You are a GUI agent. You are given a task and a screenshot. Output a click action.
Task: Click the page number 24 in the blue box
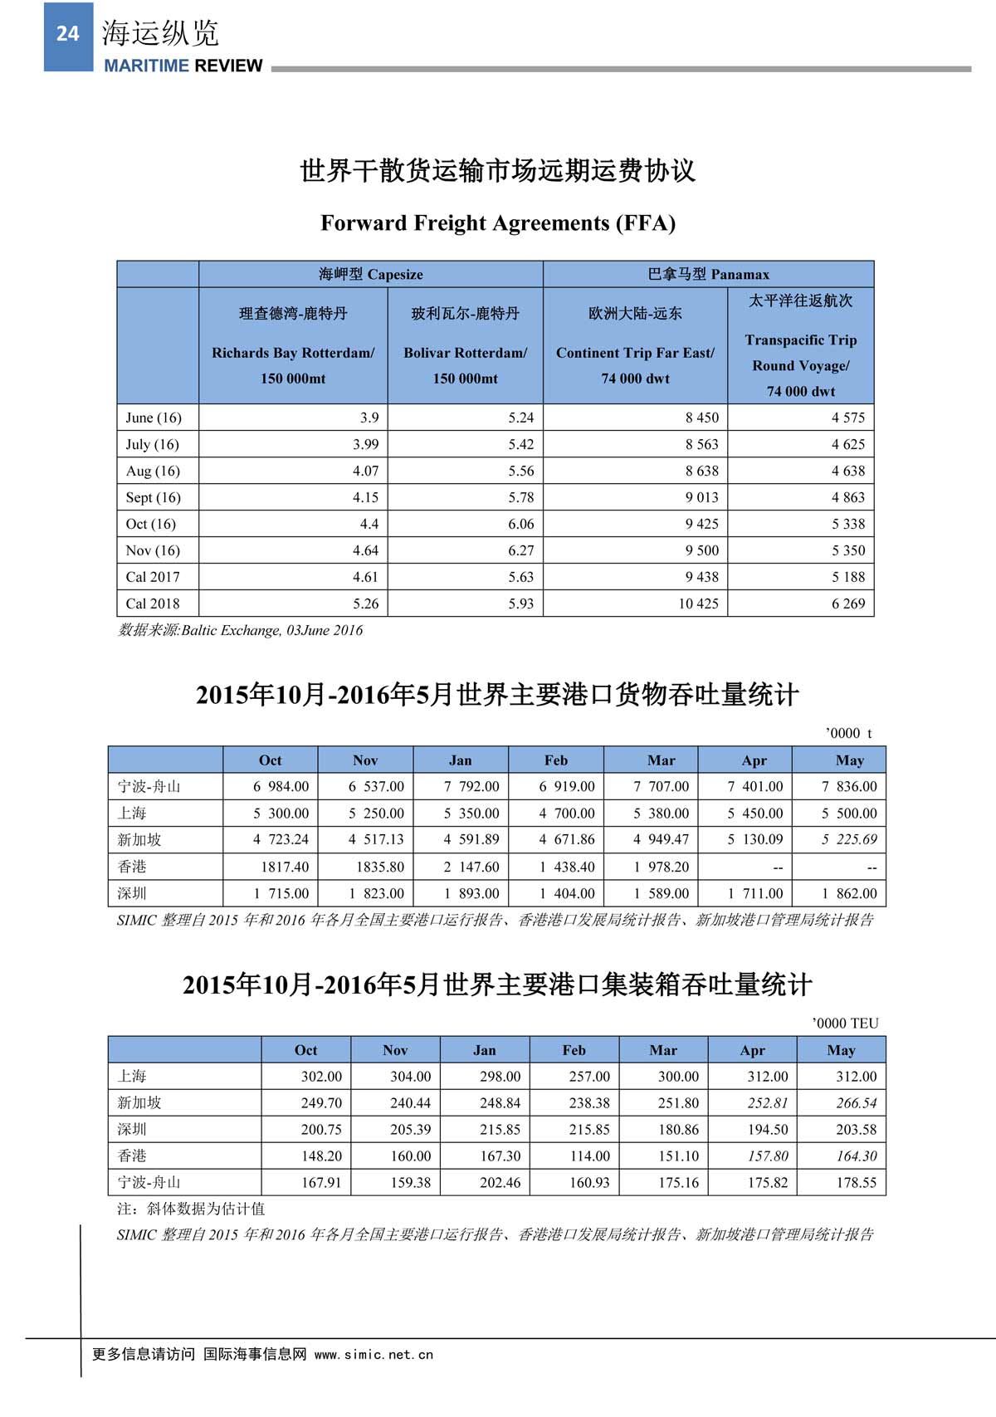(x=67, y=34)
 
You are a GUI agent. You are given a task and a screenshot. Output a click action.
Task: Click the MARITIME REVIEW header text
(x=183, y=66)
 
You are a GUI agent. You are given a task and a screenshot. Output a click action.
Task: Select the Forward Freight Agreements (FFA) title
(x=498, y=223)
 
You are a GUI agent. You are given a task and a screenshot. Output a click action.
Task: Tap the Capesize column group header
(x=370, y=275)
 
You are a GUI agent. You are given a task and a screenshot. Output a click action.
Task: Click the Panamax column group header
(x=708, y=275)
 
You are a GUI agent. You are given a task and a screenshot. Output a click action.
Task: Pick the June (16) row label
(x=154, y=418)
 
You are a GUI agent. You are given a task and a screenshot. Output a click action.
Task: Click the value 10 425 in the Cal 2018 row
(x=698, y=603)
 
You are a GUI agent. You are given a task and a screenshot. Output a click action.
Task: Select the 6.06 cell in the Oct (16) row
(x=520, y=524)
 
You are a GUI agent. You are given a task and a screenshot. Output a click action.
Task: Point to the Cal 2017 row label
(x=153, y=577)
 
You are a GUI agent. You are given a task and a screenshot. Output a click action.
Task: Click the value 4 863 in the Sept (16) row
(x=847, y=497)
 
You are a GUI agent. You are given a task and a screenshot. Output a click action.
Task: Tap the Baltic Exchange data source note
(x=241, y=630)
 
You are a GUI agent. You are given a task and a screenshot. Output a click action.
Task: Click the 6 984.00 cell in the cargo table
(x=281, y=786)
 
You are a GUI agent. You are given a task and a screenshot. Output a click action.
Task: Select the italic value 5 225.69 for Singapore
(x=848, y=839)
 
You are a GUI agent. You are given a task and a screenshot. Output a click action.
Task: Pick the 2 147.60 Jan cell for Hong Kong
(x=471, y=867)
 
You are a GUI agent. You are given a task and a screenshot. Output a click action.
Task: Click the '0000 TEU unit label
(x=844, y=1024)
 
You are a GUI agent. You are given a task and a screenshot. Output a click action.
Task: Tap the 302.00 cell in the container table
(x=321, y=1077)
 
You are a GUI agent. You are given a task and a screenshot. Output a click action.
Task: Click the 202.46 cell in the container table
(x=500, y=1182)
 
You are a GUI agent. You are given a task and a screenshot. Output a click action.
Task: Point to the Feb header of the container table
(x=574, y=1050)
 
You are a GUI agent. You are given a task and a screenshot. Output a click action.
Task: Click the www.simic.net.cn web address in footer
(x=373, y=1354)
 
